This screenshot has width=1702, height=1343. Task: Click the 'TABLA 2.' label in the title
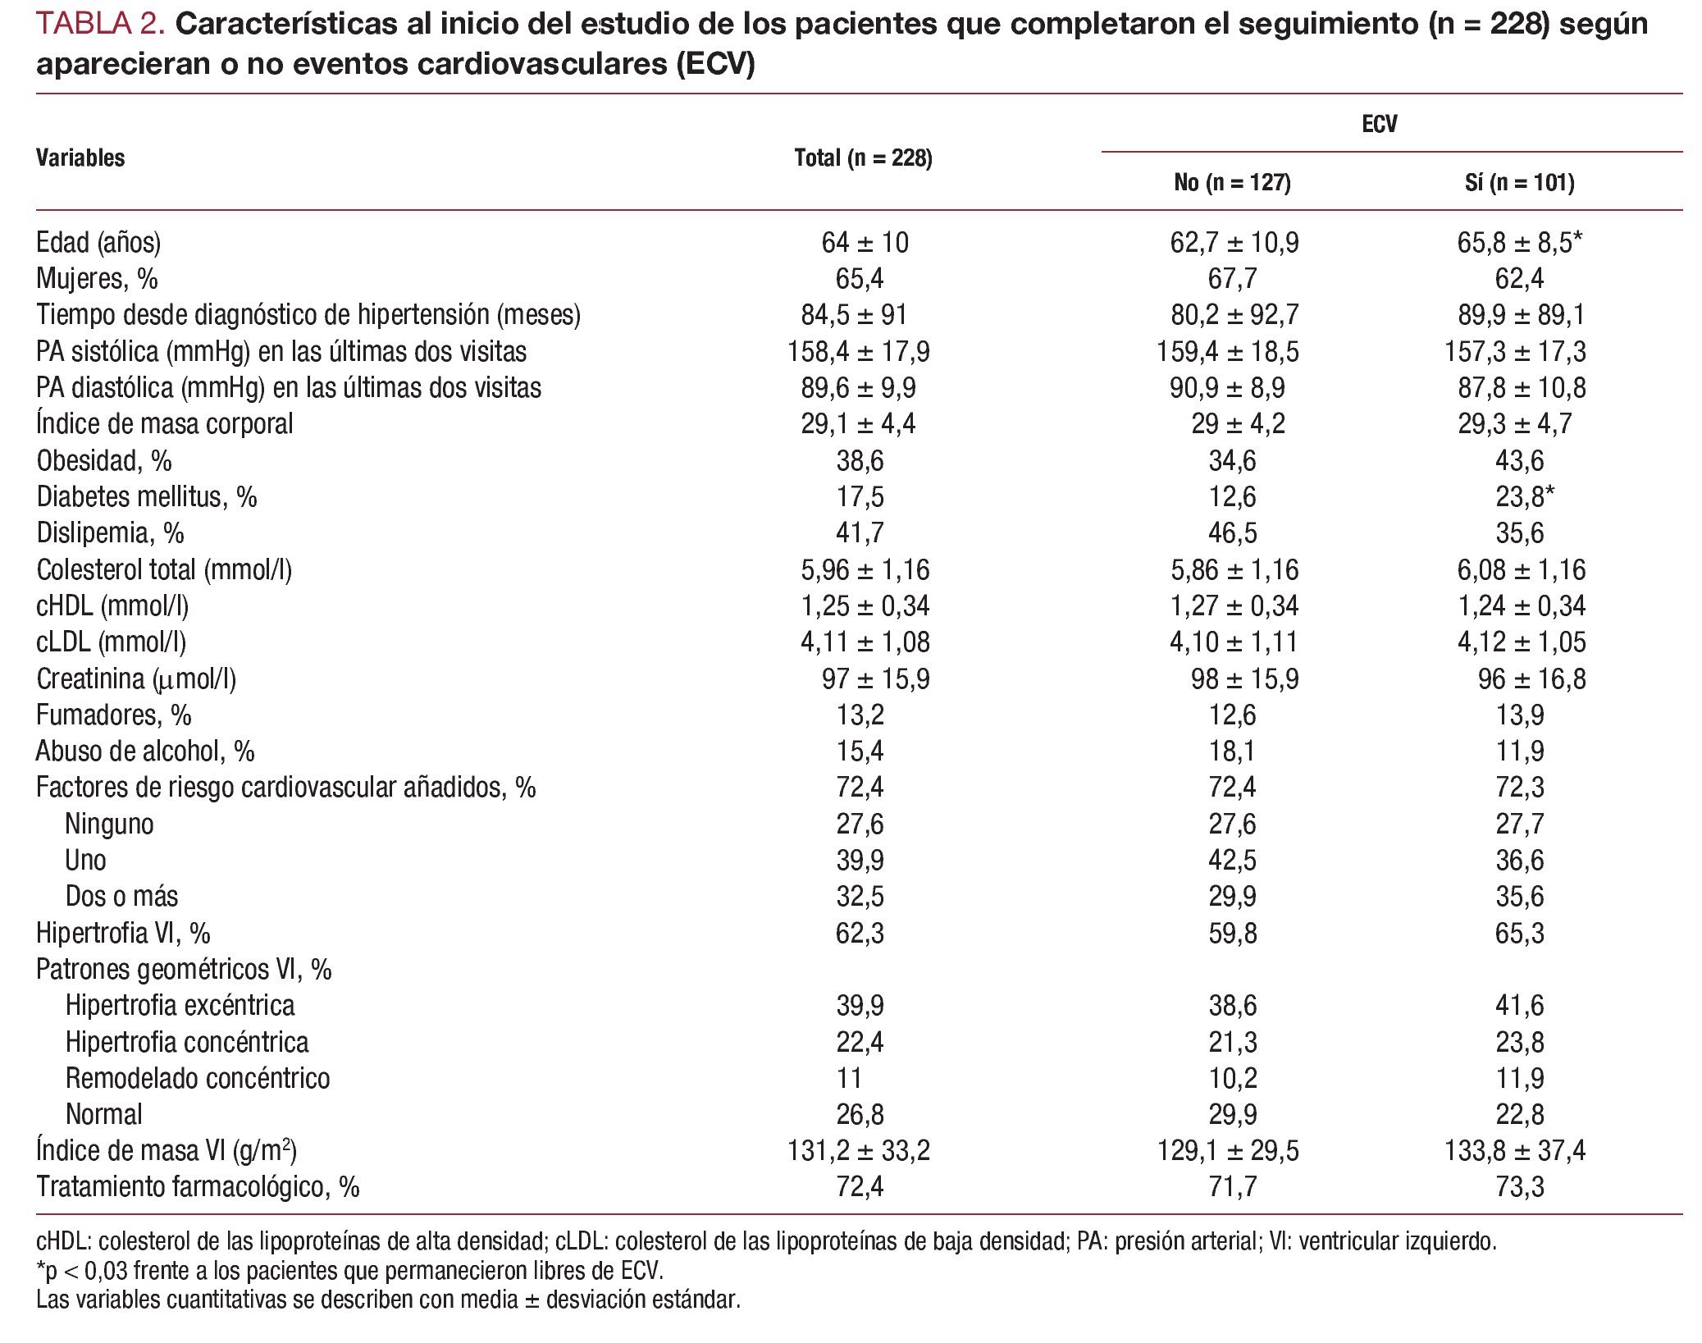[x=101, y=25]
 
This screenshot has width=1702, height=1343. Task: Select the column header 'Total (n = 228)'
[x=863, y=158]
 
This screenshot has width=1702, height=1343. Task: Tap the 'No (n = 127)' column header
[x=1232, y=182]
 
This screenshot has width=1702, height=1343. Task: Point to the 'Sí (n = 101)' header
[x=1519, y=182]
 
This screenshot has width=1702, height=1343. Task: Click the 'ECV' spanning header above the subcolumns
[x=1379, y=125]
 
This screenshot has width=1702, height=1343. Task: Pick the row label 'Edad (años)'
[x=98, y=243]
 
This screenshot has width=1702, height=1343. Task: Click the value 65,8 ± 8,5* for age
[x=1519, y=243]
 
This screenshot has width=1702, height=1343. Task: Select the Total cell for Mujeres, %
[x=860, y=279]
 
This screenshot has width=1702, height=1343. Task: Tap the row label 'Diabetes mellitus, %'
[x=147, y=497]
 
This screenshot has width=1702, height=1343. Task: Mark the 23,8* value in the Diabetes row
[x=1524, y=497]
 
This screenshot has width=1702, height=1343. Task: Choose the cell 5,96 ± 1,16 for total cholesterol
[x=865, y=569]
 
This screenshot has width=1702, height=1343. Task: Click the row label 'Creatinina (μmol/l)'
[x=136, y=679]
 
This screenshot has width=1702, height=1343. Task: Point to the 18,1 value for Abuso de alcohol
[x=1232, y=751]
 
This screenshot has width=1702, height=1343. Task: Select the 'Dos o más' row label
[x=121, y=897]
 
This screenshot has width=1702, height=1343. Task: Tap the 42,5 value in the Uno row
[x=1232, y=861]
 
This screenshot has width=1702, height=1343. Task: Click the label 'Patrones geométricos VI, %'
[x=184, y=970]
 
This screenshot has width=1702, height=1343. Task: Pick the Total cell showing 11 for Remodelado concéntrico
[x=849, y=1078]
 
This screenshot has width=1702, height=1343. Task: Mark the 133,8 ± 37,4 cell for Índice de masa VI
[x=1515, y=1151]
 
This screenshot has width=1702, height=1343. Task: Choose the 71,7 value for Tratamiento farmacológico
[x=1232, y=1187]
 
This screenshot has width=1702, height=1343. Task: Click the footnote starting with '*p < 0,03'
[x=349, y=1271]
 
